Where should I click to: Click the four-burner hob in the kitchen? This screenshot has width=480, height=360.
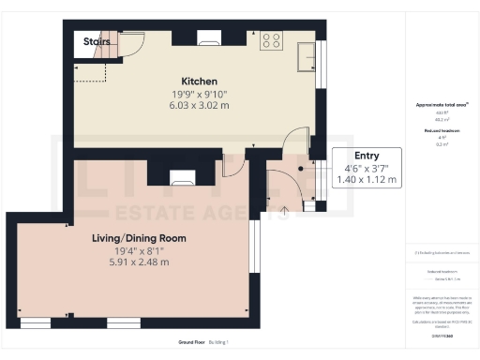pos(271,39)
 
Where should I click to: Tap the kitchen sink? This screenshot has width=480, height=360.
pos(306,58)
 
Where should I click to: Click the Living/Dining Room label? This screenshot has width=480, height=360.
pos(139,238)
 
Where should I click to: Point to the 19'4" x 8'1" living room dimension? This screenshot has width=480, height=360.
pos(139,250)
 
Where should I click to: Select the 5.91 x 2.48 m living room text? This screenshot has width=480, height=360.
pos(139,262)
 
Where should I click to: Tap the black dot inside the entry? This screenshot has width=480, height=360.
pos(301,169)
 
